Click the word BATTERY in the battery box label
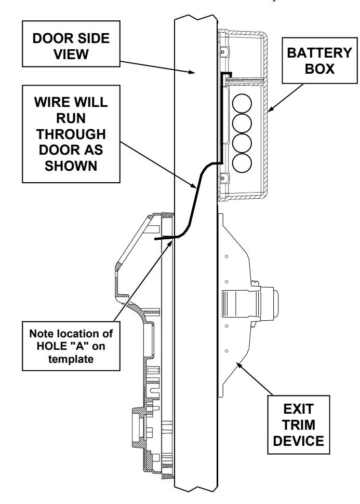pyautogui.click(x=319, y=53)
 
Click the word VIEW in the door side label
pyautogui.click(x=71, y=54)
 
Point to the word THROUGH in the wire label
pyautogui.click(x=71, y=134)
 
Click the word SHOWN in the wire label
pyautogui.click(x=71, y=166)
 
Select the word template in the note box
pyautogui.click(x=71, y=359)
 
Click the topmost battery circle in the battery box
pyautogui.click(x=242, y=103)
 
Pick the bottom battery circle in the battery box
pyautogui.click(x=242, y=164)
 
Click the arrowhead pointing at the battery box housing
pyautogui.click(x=271, y=109)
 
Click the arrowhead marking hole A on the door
pyautogui.click(x=170, y=243)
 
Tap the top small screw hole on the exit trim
pyautogui.click(x=226, y=256)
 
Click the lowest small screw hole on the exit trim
pyautogui.click(x=226, y=351)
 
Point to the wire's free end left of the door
pyautogui.click(x=156, y=239)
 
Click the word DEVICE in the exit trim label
pyautogui.click(x=299, y=441)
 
